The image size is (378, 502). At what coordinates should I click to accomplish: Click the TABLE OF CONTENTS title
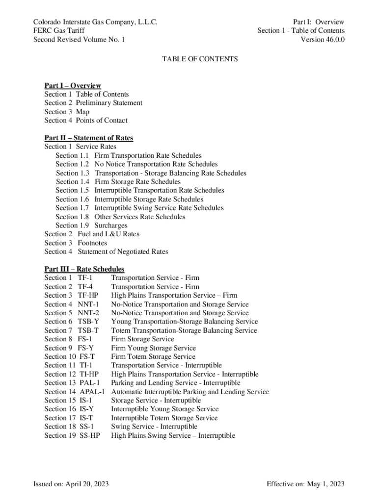(x=200, y=59)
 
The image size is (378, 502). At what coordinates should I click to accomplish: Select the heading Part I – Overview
(x=73, y=86)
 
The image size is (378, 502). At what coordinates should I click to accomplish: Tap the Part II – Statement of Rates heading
(x=88, y=138)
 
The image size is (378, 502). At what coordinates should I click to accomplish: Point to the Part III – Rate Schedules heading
(x=84, y=269)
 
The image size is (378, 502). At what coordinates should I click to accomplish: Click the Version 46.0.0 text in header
(x=323, y=40)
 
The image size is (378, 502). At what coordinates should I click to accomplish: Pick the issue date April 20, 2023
(x=86, y=484)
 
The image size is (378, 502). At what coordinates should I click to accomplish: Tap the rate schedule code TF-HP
(x=88, y=296)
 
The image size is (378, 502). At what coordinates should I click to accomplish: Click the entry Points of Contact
(x=102, y=121)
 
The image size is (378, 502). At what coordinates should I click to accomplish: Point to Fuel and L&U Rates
(x=108, y=234)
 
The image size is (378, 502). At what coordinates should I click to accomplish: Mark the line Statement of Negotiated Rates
(x=123, y=252)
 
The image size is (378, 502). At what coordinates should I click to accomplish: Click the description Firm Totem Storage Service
(x=153, y=357)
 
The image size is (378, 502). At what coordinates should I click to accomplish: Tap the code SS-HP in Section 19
(x=90, y=435)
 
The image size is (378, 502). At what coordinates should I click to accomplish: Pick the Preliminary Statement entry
(x=109, y=103)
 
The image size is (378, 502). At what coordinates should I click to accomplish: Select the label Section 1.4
(x=73, y=182)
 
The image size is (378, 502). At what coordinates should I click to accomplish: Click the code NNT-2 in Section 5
(x=88, y=313)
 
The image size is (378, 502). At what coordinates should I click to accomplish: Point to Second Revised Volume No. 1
(x=79, y=40)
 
